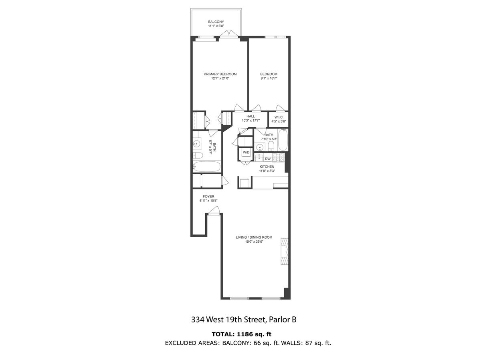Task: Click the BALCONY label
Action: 216,22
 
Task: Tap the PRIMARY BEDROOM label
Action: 220,74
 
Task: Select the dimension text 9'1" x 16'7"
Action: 269,78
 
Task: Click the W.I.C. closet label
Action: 279,117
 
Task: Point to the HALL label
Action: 251,116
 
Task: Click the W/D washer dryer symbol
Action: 246,152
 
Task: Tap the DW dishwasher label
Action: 268,159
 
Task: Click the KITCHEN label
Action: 267,167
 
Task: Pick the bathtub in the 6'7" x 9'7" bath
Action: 207,167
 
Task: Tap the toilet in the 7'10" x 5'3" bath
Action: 271,146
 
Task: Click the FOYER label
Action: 208,197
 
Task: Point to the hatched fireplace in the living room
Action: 285,251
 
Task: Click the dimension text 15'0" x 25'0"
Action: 254,241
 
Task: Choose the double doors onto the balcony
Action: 229,34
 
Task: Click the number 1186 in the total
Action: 243,334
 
